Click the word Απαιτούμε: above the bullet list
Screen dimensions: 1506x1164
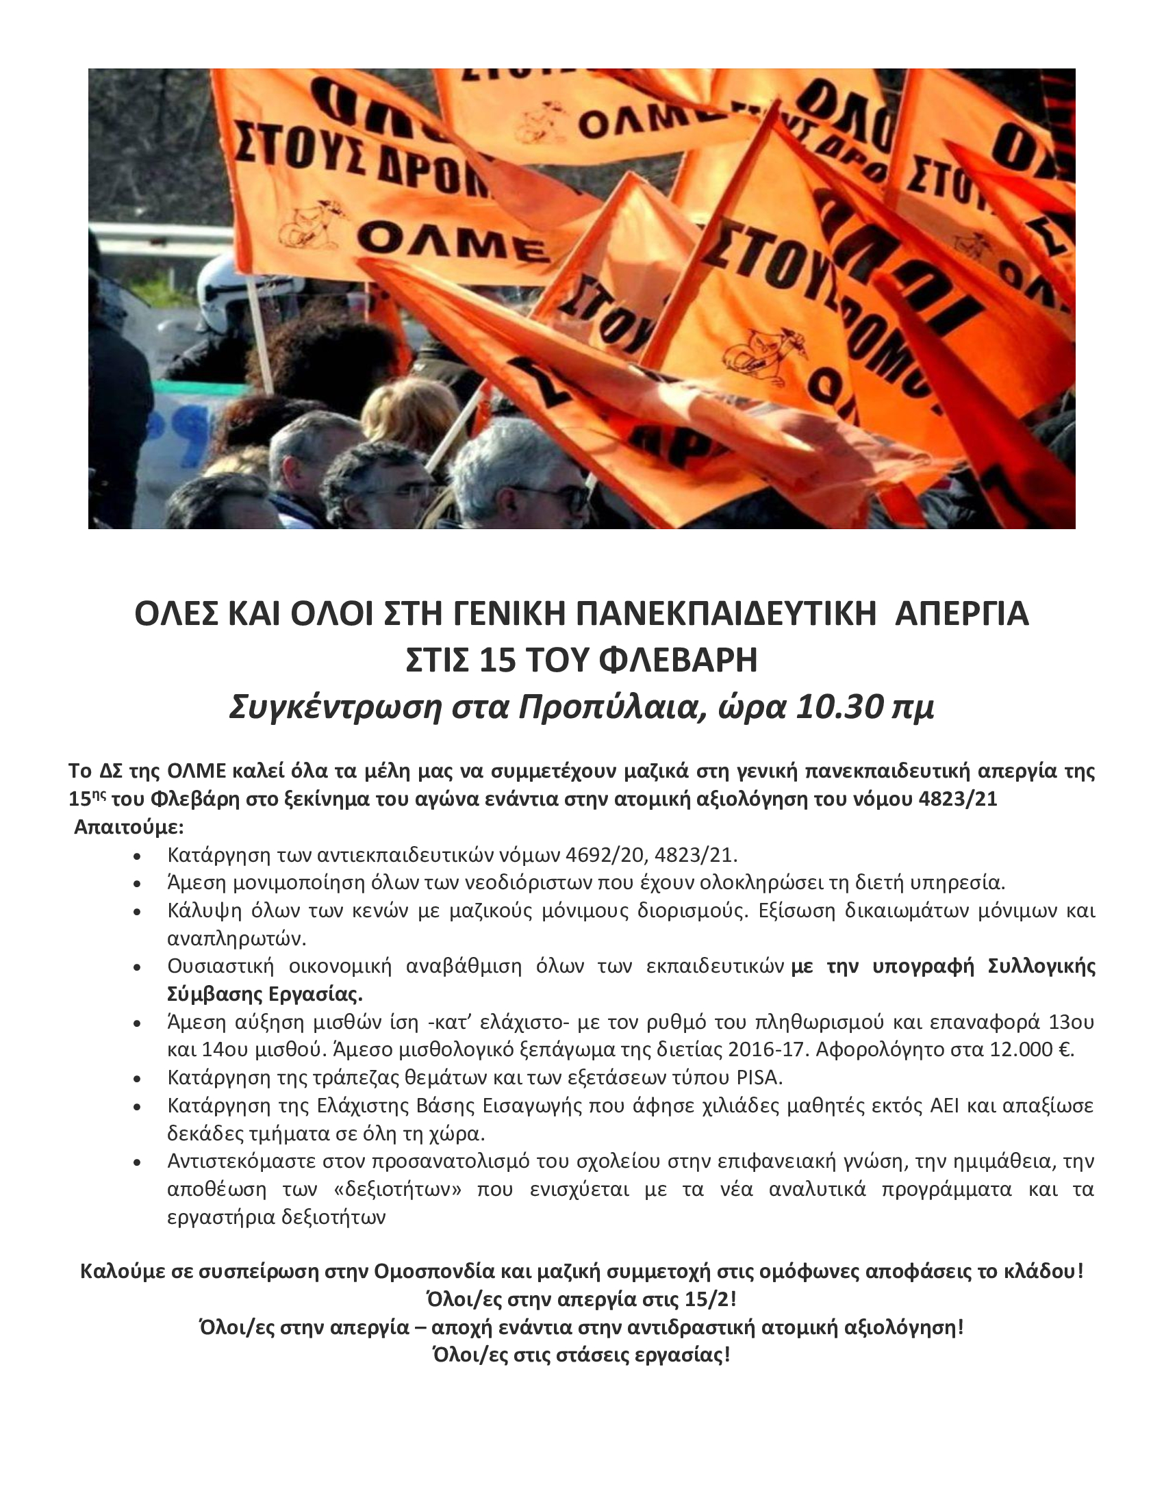(129, 826)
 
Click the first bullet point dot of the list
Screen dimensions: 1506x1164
(138, 856)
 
